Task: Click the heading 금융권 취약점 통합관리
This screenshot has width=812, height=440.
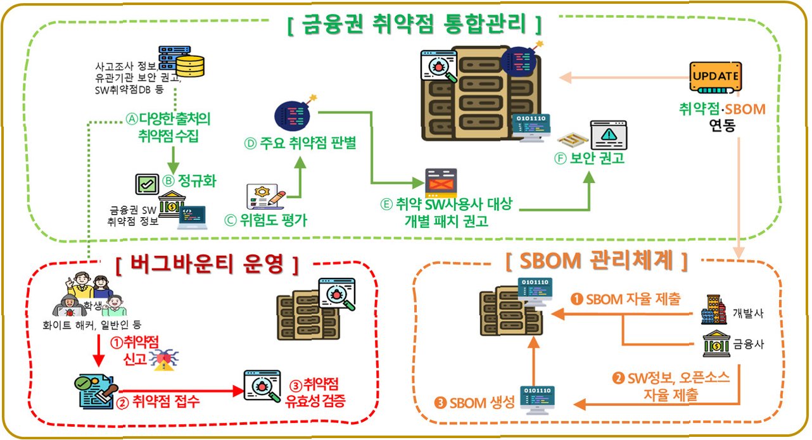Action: tap(415, 25)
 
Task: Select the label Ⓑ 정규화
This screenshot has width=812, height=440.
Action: tap(189, 181)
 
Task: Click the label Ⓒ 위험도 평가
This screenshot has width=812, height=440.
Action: tap(266, 220)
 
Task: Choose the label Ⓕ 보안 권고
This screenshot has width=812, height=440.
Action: tap(589, 158)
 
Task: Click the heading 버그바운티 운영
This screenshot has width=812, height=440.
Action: tap(207, 265)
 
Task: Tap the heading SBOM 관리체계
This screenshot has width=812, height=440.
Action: tap(597, 260)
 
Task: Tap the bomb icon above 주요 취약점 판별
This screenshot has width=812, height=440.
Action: tap(293, 115)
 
